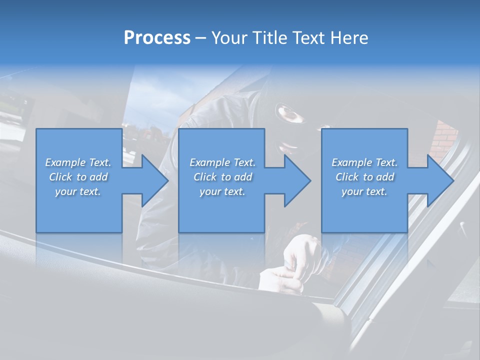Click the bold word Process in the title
[x=157, y=38]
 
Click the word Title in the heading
[x=269, y=38]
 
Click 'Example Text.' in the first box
[x=78, y=162]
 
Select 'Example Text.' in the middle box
[x=222, y=162]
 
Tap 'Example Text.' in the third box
[x=364, y=162]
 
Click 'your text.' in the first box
[x=78, y=191]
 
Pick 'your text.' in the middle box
[x=222, y=191]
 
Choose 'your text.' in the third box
[x=364, y=191]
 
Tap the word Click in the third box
[x=347, y=177]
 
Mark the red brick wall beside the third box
[x=443, y=140]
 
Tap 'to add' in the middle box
[x=236, y=177]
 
